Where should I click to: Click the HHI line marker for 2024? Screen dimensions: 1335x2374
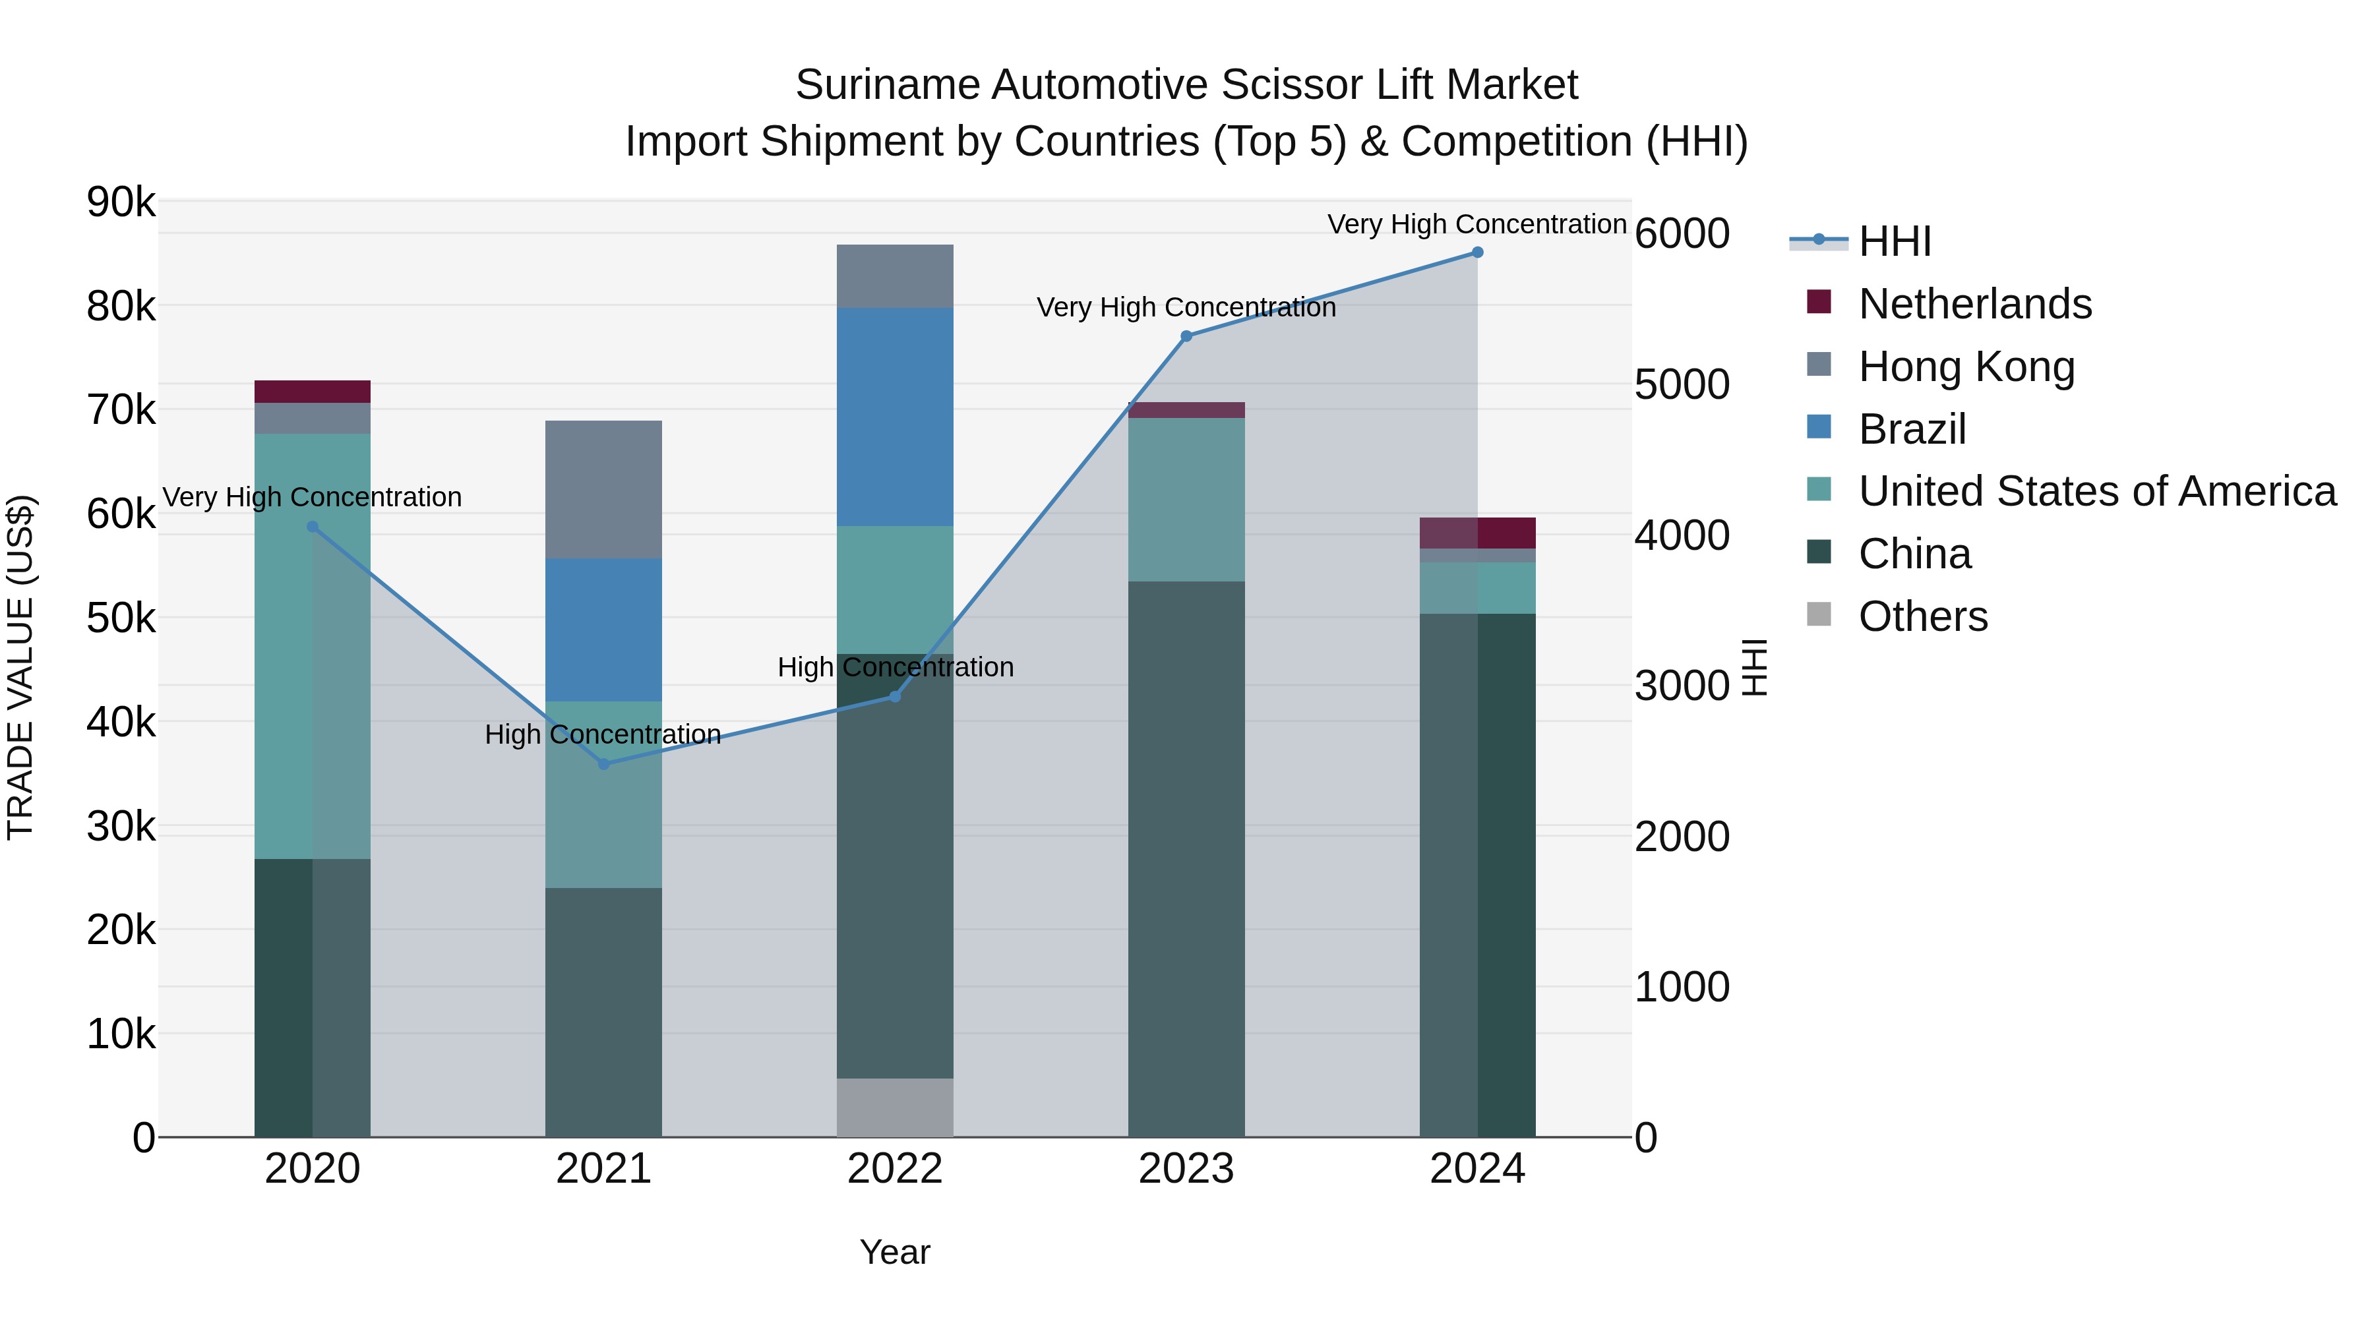point(1476,252)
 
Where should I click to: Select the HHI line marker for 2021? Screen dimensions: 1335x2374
point(603,764)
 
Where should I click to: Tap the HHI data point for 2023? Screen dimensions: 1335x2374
point(1186,336)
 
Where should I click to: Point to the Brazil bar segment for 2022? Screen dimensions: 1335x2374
point(894,417)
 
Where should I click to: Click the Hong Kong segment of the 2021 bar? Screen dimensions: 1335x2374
point(603,489)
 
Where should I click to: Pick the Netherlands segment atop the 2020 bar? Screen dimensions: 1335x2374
point(313,392)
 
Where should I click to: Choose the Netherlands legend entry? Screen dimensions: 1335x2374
point(1975,304)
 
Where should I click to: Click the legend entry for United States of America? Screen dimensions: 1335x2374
point(2096,491)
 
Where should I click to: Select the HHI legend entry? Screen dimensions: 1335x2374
point(1894,241)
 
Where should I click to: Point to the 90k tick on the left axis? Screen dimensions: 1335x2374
point(121,202)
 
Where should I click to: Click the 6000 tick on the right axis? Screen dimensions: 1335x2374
point(1682,233)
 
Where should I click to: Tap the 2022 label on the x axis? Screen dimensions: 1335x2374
point(894,1169)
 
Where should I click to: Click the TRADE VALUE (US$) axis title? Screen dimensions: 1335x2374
point(20,667)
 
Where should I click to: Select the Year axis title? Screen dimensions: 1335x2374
point(894,1252)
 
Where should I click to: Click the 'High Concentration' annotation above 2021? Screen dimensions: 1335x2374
point(603,734)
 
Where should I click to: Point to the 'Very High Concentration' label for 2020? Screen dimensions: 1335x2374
point(313,498)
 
